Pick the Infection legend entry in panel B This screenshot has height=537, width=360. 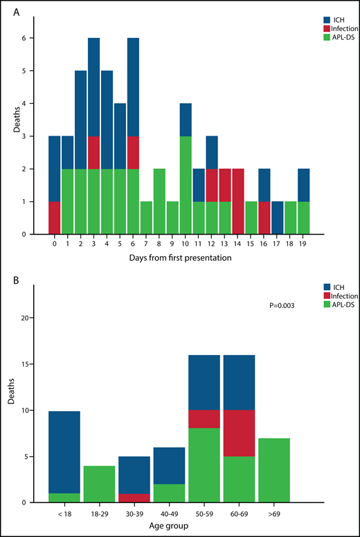pyautogui.click(x=332, y=295)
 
